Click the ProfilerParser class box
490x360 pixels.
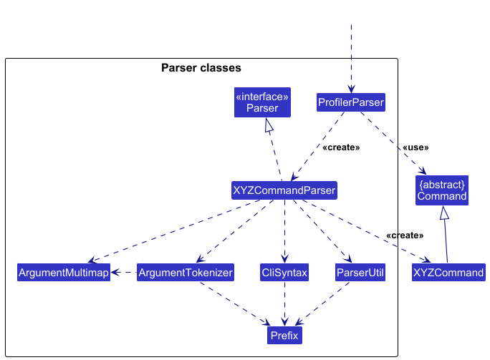pyautogui.click(x=351, y=102)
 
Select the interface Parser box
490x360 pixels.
pyautogui.click(x=262, y=102)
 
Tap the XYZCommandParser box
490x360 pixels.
pyautogui.click(x=284, y=190)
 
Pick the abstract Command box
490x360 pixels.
pyautogui.click(x=442, y=190)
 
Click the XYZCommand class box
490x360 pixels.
pyautogui.click(x=448, y=272)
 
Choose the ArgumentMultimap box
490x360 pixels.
pyautogui.click(x=64, y=272)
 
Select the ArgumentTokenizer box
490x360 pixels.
pyautogui.click(x=186, y=272)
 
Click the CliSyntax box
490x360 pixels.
pyautogui.click(x=284, y=272)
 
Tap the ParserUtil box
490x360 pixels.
pyautogui.click(x=360, y=272)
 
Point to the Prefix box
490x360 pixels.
pyautogui.click(x=284, y=336)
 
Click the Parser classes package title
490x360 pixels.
pyautogui.click(x=201, y=68)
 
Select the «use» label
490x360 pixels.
pyautogui.click(x=415, y=147)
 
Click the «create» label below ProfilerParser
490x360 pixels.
pyautogui.click(x=341, y=147)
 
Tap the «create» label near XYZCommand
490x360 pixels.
pyautogui.click(x=405, y=235)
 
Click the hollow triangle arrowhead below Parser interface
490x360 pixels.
pyautogui.click(x=269, y=125)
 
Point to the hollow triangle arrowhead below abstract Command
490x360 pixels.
pyautogui.click(x=444, y=213)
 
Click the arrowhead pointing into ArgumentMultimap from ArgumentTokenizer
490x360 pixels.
pyautogui.click(x=115, y=272)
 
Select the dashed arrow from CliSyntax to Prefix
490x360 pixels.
pyautogui.click(x=284, y=303)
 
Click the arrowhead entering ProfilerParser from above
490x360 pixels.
pyautogui.click(x=351, y=89)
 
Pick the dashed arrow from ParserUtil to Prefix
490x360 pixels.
pyautogui.click(x=322, y=303)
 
